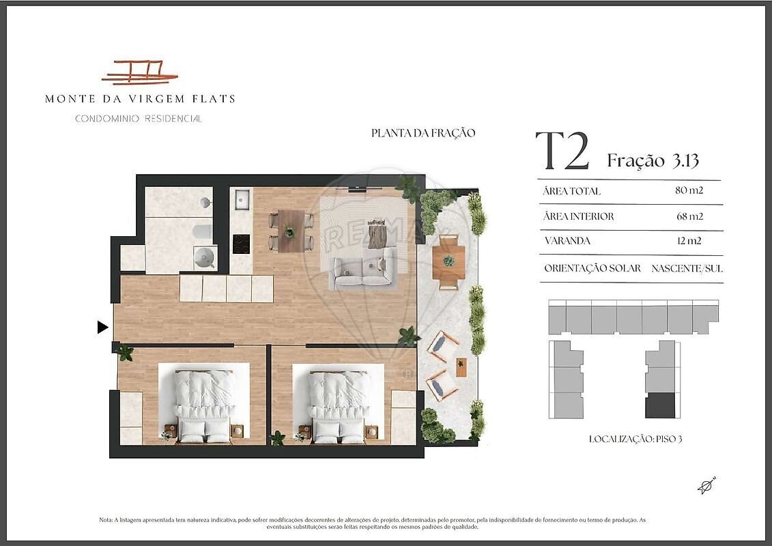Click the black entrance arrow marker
tap(102, 327)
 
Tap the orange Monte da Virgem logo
tap(140, 73)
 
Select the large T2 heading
tap(562, 151)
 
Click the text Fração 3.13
tap(653, 160)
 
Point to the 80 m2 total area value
tap(689, 190)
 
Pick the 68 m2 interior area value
tap(689, 216)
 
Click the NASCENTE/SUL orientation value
tap(687, 268)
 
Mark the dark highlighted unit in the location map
tap(660, 405)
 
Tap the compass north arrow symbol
tap(706, 485)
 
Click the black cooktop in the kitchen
tap(241, 244)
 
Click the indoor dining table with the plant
tap(291, 231)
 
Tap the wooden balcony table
tap(448, 261)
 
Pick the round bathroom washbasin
tap(204, 257)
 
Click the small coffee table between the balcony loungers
tap(461, 367)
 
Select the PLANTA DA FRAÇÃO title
tap(423, 133)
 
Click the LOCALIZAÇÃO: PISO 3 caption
tap(635, 439)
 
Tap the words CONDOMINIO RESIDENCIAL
tap(139, 119)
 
